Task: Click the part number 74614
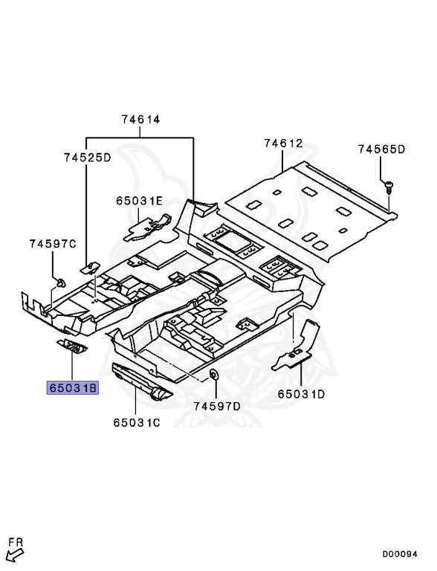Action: click(140, 120)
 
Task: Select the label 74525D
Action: click(88, 158)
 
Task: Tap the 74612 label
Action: click(283, 143)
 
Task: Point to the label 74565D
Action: click(381, 149)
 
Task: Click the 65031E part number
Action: click(140, 201)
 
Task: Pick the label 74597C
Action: click(53, 244)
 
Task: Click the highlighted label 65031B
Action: click(73, 388)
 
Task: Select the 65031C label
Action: click(137, 422)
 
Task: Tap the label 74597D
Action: click(217, 406)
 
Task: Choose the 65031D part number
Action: click(301, 394)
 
